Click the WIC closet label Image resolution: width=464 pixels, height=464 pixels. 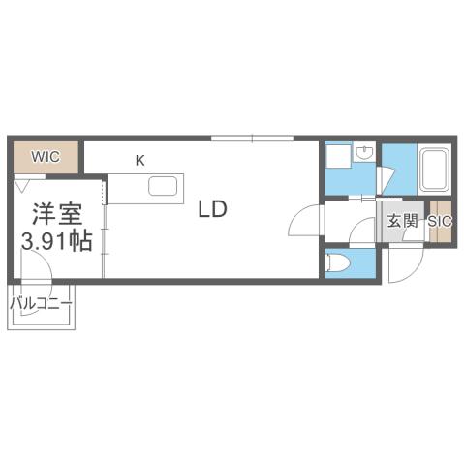tap(46, 154)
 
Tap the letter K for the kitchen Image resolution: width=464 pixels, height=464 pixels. tap(139, 159)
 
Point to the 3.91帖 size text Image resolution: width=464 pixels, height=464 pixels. tap(57, 240)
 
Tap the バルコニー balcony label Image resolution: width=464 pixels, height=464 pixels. tap(42, 304)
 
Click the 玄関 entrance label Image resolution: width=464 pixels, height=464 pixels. tap(403, 221)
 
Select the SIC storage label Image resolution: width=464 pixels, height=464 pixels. tap(441, 221)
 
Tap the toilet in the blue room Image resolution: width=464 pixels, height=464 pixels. tap(338, 262)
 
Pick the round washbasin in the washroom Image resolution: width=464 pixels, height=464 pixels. tap(364, 152)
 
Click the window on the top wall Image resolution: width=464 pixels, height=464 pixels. tap(252, 139)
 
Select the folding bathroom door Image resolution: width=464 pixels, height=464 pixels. tap(387, 179)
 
